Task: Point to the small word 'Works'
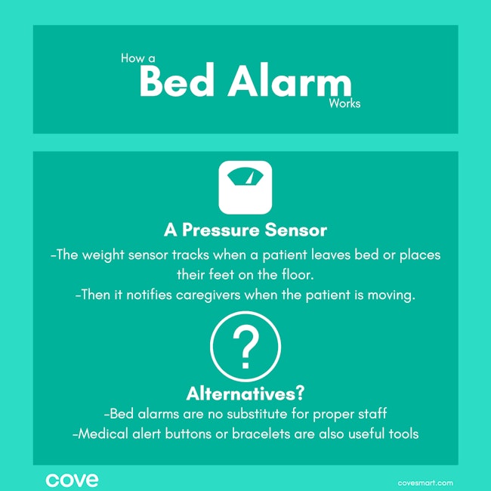coord(344,103)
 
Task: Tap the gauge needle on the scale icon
coord(249,176)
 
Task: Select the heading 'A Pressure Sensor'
coord(246,230)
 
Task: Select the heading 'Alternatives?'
coord(246,394)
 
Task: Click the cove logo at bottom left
coord(72,480)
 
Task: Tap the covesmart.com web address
coord(425,482)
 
